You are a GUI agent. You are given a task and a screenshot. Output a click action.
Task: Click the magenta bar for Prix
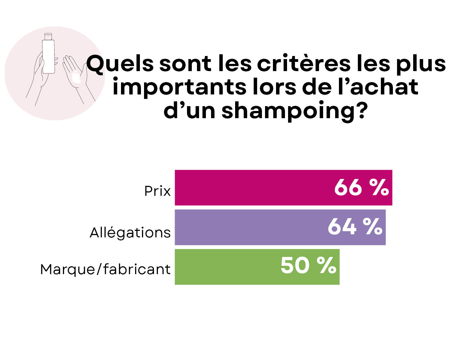coord(254,188)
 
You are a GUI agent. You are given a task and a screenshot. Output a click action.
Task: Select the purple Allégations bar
coord(247,227)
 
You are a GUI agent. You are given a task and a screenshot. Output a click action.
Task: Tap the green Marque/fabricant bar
coord(227,267)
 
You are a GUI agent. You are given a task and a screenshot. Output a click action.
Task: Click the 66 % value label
coord(361,188)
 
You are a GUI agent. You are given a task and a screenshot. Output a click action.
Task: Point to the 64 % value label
coord(355,227)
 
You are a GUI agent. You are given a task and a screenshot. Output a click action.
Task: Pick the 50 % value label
coord(308,266)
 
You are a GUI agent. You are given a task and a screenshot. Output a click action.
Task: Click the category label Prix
coord(157,191)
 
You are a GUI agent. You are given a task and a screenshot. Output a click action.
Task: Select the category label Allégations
coord(130,233)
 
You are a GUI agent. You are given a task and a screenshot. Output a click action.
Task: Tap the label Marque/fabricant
coord(105,269)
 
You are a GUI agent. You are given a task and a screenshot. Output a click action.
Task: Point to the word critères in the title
coord(304,64)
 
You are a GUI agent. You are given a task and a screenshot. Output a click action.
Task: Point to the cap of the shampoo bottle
coord(48,36)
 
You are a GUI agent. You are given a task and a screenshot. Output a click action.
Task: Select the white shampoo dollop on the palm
coord(77,80)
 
